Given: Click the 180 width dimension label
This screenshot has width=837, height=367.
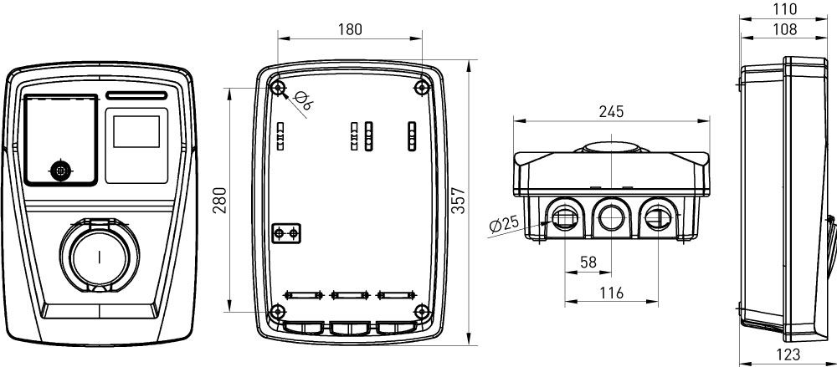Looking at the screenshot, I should (349, 29).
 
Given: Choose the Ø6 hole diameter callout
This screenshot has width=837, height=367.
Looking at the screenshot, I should (304, 104).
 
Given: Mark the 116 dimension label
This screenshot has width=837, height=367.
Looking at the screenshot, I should (613, 293).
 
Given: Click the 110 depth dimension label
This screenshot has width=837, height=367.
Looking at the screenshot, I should (783, 9).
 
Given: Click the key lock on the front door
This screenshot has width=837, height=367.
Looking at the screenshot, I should (59, 170).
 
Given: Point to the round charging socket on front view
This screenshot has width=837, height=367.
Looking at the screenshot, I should (99, 255).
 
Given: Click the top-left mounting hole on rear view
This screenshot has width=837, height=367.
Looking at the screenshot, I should (278, 88).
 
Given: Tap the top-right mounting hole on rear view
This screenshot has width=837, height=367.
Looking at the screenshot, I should (420, 88).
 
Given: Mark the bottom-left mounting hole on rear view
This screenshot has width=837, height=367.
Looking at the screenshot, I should (278, 313).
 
